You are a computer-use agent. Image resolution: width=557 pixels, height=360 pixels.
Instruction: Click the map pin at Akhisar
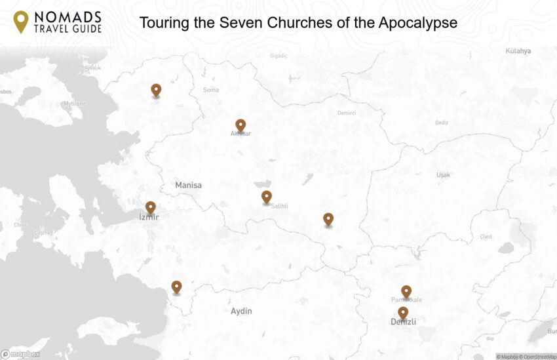tap(240, 125)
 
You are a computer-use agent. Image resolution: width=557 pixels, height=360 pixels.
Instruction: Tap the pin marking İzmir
tap(151, 207)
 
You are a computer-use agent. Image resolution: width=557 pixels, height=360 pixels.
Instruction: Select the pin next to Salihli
tap(266, 196)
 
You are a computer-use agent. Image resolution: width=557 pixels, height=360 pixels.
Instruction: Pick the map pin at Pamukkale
tap(406, 291)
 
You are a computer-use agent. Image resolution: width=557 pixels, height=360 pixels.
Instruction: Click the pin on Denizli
tap(403, 313)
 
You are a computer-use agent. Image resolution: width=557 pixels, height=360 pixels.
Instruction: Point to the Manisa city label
tap(188, 186)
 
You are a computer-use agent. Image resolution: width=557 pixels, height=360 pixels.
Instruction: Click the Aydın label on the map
tap(241, 311)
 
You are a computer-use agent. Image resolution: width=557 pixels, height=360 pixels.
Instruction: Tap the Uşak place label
tap(444, 175)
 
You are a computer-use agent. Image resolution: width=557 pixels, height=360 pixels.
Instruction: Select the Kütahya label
tap(518, 51)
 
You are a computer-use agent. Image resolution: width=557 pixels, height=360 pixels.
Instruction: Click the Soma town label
tap(211, 90)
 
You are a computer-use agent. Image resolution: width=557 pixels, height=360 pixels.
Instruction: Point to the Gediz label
tap(442, 123)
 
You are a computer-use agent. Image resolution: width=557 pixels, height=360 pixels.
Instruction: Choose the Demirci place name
tap(347, 113)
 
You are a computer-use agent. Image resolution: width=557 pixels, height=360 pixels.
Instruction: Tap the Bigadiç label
tap(278, 56)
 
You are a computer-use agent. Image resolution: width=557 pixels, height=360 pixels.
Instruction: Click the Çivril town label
tap(486, 237)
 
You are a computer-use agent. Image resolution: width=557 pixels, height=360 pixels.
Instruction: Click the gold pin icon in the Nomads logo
tap(21, 21)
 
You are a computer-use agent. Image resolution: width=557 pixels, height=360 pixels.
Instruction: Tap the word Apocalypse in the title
tap(417, 23)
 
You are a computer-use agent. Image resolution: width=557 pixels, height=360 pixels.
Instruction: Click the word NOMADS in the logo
tap(69, 16)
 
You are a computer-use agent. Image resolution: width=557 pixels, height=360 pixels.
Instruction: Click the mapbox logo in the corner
tap(20, 354)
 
